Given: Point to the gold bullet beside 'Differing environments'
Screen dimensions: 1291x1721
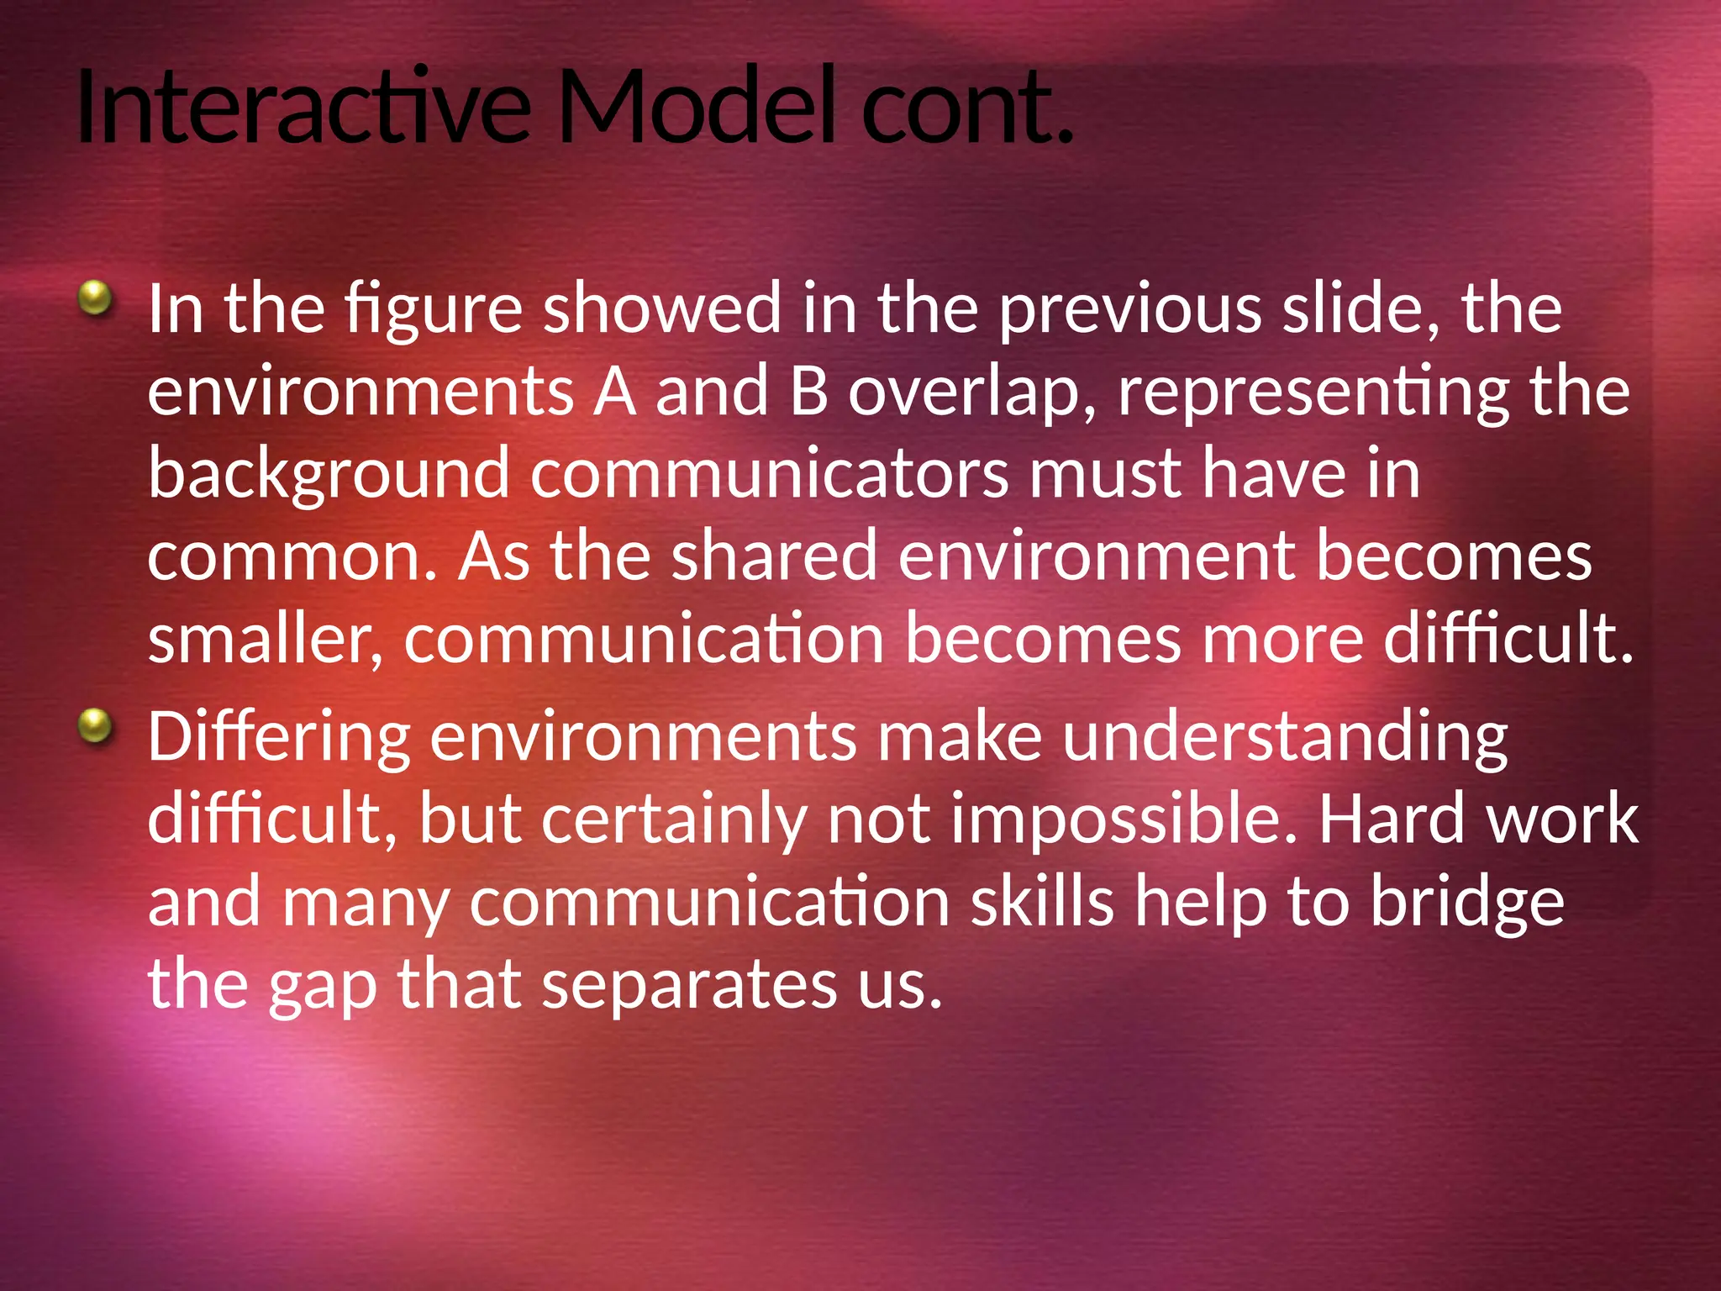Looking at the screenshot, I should (95, 725).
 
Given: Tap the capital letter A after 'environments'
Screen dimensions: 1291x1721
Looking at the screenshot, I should (614, 392).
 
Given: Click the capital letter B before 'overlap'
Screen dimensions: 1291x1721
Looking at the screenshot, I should (808, 392).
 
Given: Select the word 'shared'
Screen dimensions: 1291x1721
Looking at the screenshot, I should (774, 556).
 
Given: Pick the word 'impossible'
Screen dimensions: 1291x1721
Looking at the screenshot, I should (1124, 819).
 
